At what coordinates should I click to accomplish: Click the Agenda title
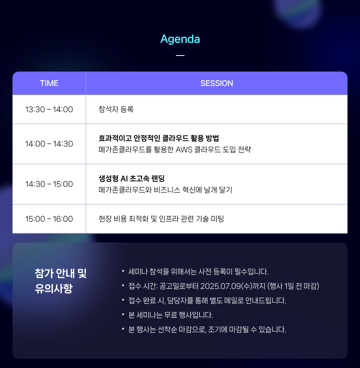coord(180,39)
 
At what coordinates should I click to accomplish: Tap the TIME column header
coord(49,83)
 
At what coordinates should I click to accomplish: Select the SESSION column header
coord(217,83)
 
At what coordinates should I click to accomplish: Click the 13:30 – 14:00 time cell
coord(49,110)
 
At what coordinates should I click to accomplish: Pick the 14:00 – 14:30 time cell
coord(49,144)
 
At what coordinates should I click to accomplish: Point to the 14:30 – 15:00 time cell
coord(49,184)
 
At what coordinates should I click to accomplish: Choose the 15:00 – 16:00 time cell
coord(49,219)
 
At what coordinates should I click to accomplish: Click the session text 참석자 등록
coord(116,109)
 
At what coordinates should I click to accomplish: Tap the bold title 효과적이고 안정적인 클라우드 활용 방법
coord(159,138)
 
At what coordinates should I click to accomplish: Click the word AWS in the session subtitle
coord(184,149)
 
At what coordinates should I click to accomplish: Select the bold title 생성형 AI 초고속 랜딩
coord(131,178)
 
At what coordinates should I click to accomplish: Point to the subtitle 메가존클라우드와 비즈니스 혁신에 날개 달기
coord(165,190)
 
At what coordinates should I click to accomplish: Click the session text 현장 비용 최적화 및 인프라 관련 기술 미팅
coord(161,219)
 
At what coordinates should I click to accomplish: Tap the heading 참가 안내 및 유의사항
coord(61,281)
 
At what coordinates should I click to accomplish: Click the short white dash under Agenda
coord(180,56)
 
